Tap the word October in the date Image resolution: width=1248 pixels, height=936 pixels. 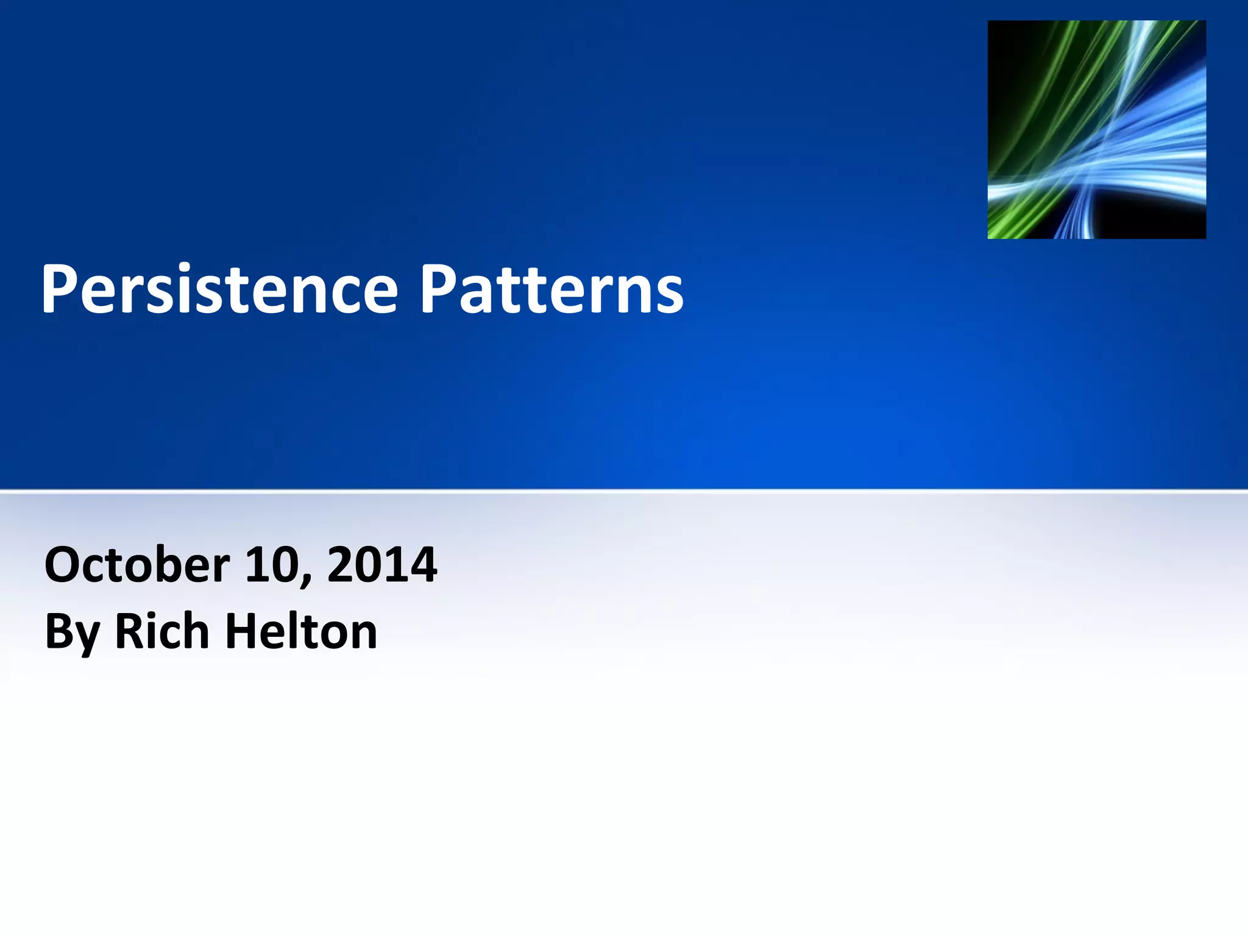coord(137,565)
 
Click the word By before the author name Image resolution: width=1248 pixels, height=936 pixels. coord(72,633)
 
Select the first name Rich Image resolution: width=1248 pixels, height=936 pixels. coord(162,631)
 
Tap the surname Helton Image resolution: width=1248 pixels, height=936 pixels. coord(301,631)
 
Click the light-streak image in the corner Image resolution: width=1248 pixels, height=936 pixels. coord(1096,129)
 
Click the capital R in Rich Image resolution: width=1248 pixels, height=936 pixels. coord(130,631)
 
